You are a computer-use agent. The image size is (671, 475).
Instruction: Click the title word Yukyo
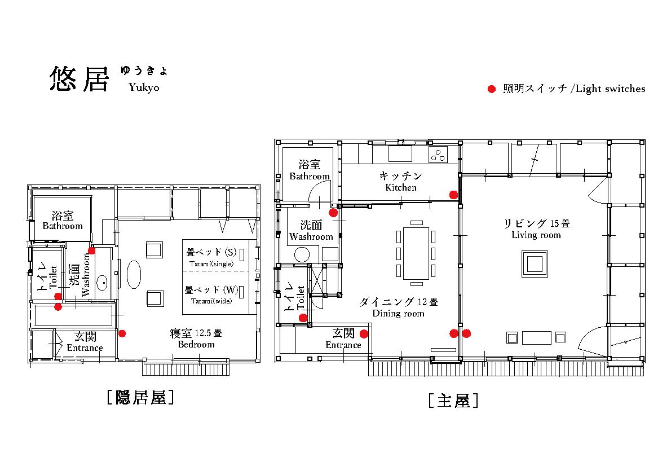pyautogui.click(x=144, y=87)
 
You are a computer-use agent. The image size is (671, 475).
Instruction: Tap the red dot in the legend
pyautogui.click(x=492, y=89)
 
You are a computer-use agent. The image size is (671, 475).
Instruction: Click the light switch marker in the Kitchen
pyautogui.click(x=453, y=195)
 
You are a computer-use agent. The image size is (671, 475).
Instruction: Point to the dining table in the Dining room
pyautogui.click(x=416, y=253)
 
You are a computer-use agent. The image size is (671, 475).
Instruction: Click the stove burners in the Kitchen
pyautogui.click(x=438, y=155)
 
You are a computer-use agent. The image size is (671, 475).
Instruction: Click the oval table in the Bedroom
pyautogui.click(x=134, y=275)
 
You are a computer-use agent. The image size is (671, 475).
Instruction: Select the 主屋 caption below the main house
pyautogui.click(x=453, y=401)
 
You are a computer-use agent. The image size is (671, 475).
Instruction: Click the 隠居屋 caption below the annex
pyautogui.click(x=140, y=398)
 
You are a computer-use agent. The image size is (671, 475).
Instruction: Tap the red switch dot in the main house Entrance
pyautogui.click(x=364, y=333)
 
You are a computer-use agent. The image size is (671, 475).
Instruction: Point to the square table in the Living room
pyautogui.click(x=535, y=264)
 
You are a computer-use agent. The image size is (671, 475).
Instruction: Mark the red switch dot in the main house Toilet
pyautogui.click(x=303, y=318)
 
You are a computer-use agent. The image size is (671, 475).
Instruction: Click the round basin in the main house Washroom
pyautogui.click(x=302, y=254)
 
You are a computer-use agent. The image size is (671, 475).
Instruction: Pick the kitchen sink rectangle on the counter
pyautogui.click(x=400, y=154)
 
